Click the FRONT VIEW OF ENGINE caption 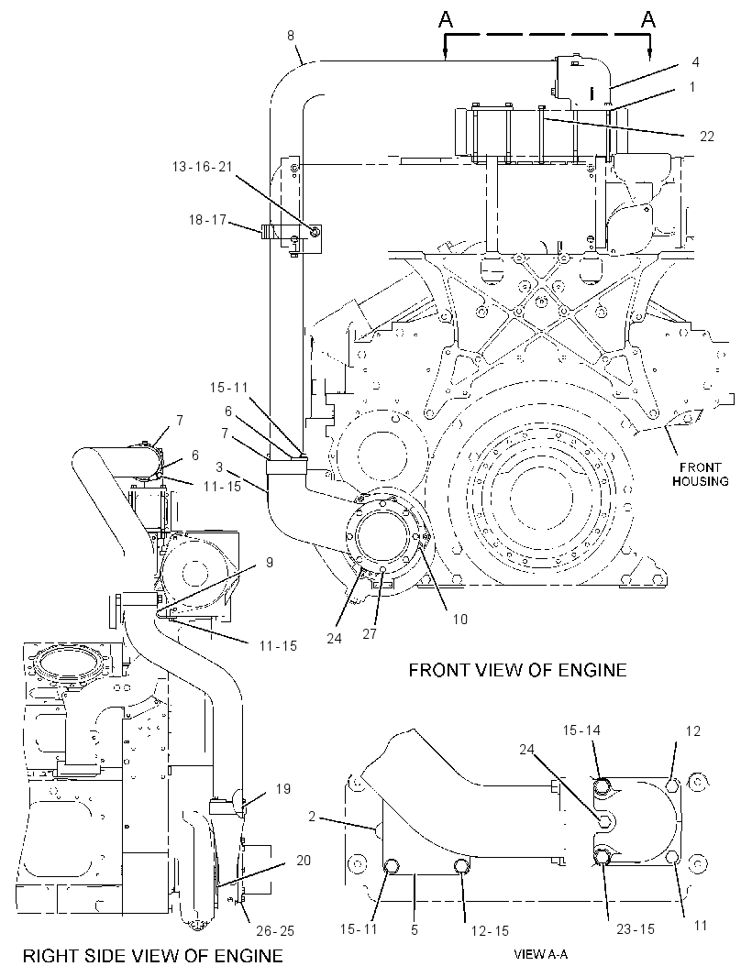pyautogui.click(x=517, y=670)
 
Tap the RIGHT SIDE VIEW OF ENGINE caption pyautogui.click(x=153, y=955)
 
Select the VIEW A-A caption pyautogui.click(x=541, y=954)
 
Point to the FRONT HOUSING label pyautogui.click(x=700, y=474)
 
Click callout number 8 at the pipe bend pyautogui.click(x=291, y=36)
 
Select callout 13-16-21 pyautogui.click(x=202, y=167)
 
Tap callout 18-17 pyautogui.click(x=207, y=220)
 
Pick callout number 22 pyautogui.click(x=706, y=136)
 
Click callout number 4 pyautogui.click(x=695, y=61)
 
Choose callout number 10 pyautogui.click(x=459, y=619)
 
